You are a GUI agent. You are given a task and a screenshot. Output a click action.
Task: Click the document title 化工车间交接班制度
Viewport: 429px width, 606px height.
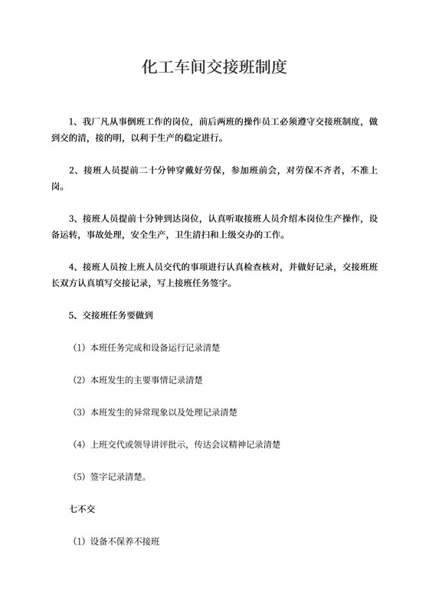[215, 67]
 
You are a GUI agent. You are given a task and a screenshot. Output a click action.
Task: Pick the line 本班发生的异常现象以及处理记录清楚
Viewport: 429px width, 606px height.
[157, 412]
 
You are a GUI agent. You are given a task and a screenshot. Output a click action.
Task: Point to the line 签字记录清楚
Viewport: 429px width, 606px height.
[114, 477]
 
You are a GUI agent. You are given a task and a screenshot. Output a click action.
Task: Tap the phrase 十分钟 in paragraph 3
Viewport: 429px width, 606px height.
[157, 218]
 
